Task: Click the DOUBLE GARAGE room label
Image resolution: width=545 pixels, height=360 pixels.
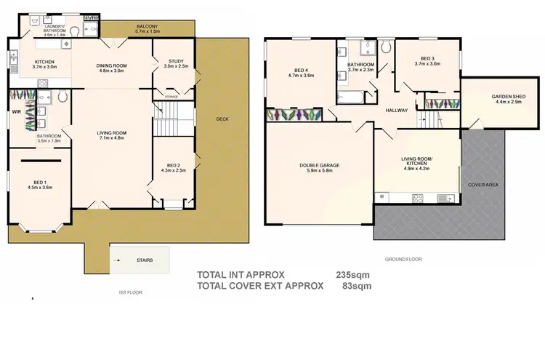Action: [320, 165]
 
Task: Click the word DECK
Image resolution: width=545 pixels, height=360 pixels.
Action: [222, 119]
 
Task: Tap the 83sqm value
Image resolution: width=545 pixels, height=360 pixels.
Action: [357, 286]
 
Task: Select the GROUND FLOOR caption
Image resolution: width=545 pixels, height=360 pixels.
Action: [404, 259]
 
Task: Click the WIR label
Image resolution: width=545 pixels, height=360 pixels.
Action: [15, 112]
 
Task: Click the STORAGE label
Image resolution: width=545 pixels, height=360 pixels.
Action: [171, 96]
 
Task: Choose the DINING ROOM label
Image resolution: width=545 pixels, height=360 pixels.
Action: [112, 66]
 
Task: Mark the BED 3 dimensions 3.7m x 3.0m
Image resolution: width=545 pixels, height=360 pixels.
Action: [428, 63]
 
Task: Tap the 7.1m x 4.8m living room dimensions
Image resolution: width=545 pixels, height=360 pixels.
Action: [112, 138]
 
